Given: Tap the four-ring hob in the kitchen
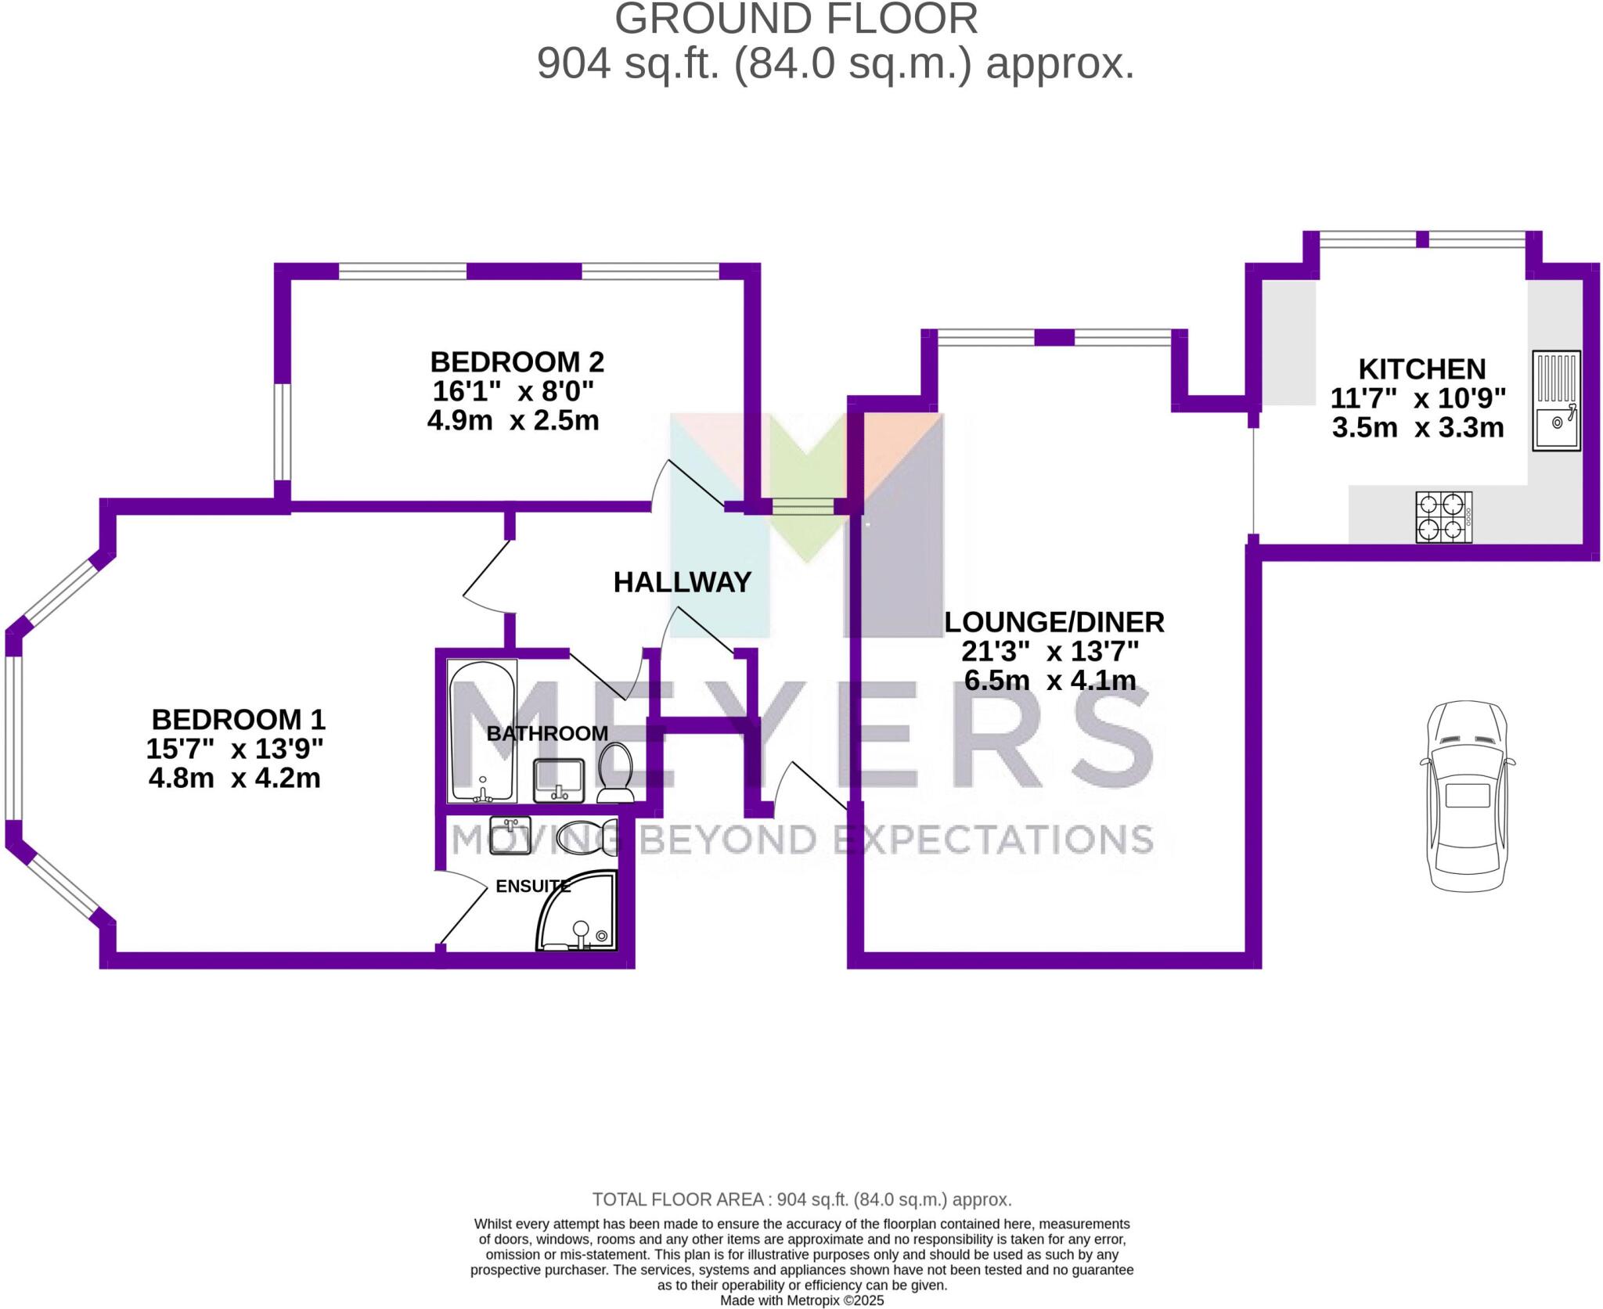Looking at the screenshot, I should click(x=1443, y=517).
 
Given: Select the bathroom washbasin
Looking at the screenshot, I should click(x=558, y=781).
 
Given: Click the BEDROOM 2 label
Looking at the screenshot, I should click(x=517, y=362).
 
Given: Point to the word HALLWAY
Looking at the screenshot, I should click(x=682, y=582).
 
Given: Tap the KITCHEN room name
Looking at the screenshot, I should click(x=1421, y=369).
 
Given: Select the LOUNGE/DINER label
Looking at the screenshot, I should click(x=1054, y=622).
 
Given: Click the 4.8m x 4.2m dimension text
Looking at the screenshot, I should click(x=234, y=779).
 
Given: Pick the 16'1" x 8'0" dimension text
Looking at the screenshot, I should click(x=513, y=390).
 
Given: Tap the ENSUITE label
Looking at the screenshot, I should click(x=533, y=886).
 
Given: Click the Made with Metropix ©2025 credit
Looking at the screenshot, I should click(x=801, y=1300).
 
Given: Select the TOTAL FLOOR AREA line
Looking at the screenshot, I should click(x=801, y=1199).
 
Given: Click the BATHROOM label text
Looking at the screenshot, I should click(x=547, y=733).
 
